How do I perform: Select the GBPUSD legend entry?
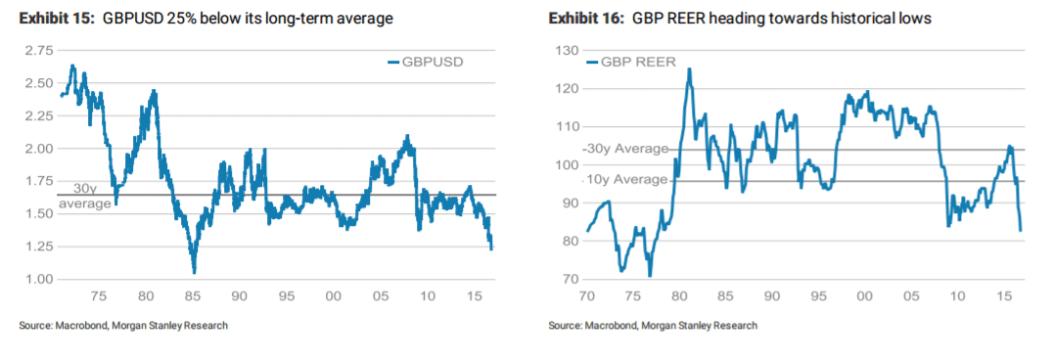[x=432, y=62]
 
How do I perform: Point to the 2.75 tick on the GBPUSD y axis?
[x=39, y=50]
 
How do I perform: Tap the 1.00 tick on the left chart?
[x=39, y=279]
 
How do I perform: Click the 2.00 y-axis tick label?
[x=39, y=148]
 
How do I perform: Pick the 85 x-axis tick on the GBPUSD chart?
[x=192, y=294]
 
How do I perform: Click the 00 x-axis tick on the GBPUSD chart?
[x=333, y=294]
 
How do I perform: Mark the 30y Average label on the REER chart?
[x=626, y=149]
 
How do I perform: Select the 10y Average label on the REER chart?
[x=626, y=180]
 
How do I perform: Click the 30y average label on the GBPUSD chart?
[x=84, y=197]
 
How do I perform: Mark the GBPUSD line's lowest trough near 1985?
[x=194, y=271]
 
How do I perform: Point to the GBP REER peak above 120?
[x=689, y=69]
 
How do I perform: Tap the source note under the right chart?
[x=653, y=325]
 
